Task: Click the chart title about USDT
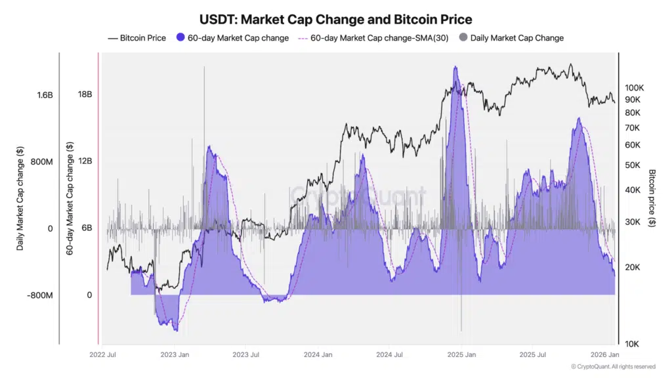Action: (x=335, y=20)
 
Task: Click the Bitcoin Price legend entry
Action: (x=137, y=38)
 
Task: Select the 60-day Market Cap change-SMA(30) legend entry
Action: (x=373, y=38)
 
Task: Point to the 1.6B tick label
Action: (x=45, y=95)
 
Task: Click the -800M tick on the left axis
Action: (x=40, y=295)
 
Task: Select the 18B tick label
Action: (x=85, y=94)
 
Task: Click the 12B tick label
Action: (x=85, y=161)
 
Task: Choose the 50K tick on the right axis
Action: (x=632, y=165)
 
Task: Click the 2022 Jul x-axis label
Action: (x=103, y=355)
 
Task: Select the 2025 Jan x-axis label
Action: (x=461, y=355)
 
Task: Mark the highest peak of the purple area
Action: (x=455, y=68)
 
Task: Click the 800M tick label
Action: (x=41, y=161)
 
